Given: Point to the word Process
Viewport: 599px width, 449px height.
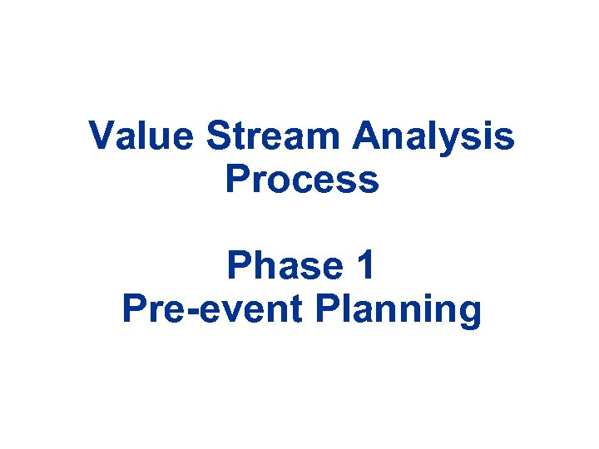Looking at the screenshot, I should coord(302,180).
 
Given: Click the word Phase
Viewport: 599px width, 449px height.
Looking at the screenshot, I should coord(279,266).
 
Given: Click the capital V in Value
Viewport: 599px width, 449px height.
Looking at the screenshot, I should coord(101,136).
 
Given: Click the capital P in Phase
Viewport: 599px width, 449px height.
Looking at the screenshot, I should coord(239,266).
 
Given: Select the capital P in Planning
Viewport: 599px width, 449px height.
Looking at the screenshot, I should coord(328,309).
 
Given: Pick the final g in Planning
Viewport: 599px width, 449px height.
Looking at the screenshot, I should coord(470,314).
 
